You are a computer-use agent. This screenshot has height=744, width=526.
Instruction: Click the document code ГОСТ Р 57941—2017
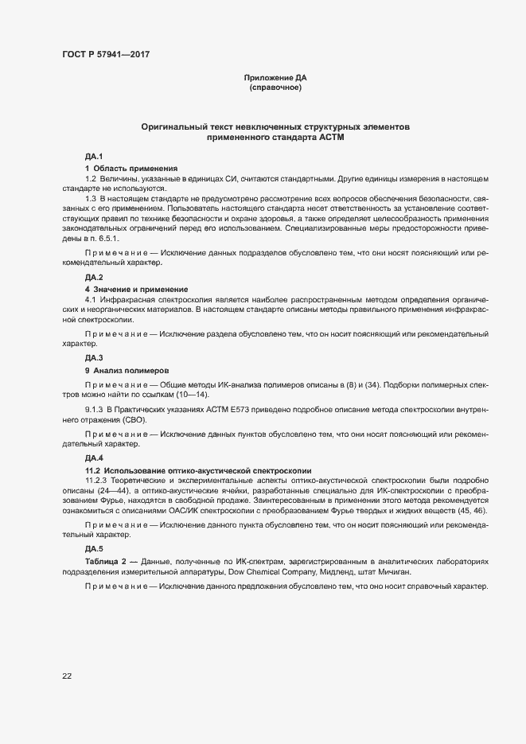coord(105,54)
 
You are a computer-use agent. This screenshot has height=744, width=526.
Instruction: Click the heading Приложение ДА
coord(275,78)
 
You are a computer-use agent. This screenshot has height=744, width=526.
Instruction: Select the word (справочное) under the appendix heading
coord(275,88)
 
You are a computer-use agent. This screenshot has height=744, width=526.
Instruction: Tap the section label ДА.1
coord(95,158)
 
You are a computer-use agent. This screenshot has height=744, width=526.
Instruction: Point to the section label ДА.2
coord(95,277)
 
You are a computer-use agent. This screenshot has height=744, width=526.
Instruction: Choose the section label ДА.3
coord(95,359)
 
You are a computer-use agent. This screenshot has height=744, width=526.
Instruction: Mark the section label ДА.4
coord(95,459)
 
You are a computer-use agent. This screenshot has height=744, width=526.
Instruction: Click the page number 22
coord(66,676)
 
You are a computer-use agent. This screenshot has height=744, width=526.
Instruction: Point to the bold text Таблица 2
coord(107,563)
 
